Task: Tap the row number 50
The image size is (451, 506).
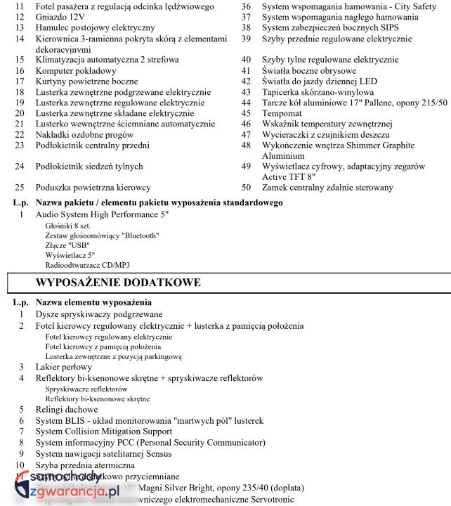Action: [x=246, y=188]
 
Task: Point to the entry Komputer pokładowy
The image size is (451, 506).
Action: [x=76, y=71]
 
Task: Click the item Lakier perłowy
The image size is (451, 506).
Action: [x=64, y=367]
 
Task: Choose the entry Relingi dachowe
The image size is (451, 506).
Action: [x=67, y=410]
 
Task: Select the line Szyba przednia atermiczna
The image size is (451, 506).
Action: [x=85, y=465]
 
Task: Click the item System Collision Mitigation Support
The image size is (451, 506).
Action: [x=104, y=432]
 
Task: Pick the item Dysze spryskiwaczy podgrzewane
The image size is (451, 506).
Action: [x=99, y=314]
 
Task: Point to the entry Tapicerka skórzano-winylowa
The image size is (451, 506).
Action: [x=318, y=92]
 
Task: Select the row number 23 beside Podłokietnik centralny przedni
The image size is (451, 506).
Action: [x=19, y=145]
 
